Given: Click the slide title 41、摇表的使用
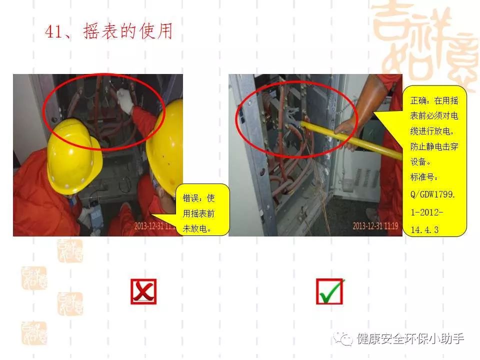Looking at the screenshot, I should point(109,31).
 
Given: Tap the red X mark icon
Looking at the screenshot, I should point(143,291).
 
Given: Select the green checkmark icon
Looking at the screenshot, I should point(330,291).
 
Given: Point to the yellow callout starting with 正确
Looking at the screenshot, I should point(434,160).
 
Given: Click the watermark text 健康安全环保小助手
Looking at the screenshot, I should point(410,339).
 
